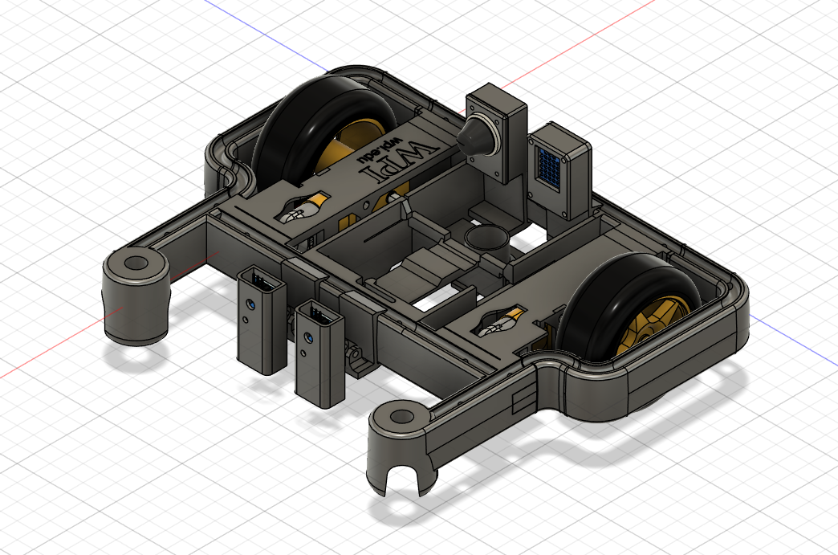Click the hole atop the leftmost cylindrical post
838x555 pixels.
click(136, 263)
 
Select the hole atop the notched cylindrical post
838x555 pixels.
click(400, 417)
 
